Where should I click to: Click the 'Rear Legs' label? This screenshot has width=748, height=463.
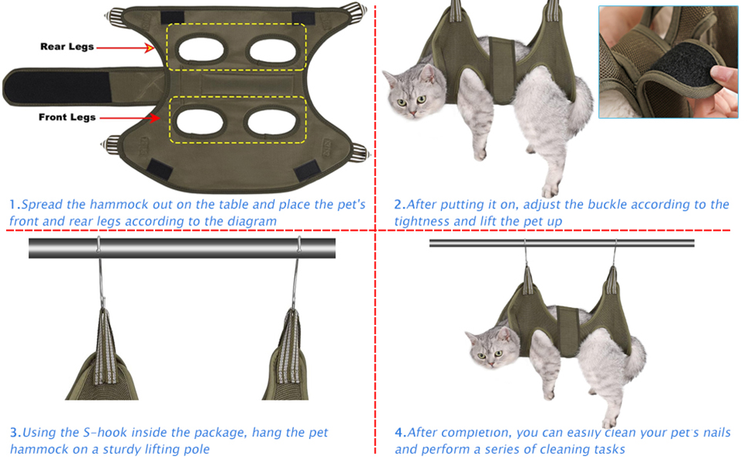[x=67, y=47]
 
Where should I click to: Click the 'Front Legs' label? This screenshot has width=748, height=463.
[x=67, y=117]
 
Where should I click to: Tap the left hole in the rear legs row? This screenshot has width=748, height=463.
[x=200, y=49]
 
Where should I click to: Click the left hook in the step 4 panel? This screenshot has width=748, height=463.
[x=525, y=255]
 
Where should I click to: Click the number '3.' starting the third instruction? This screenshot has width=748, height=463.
[x=15, y=432]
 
